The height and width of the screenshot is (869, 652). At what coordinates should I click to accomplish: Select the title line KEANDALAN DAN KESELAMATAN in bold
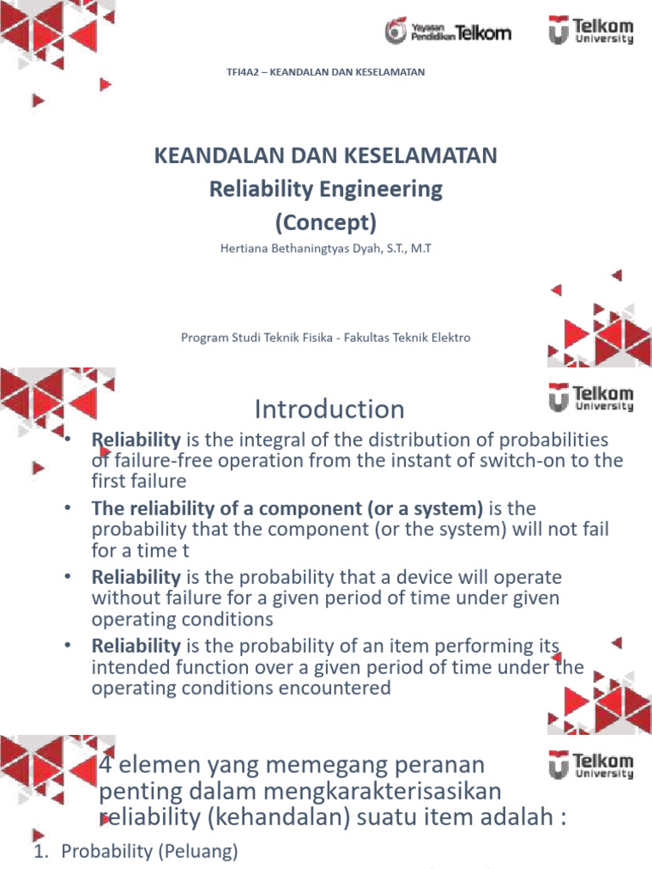(325, 155)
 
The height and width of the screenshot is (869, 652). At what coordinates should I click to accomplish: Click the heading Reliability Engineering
(326, 188)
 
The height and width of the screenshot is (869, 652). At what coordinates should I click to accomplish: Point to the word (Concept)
(325, 221)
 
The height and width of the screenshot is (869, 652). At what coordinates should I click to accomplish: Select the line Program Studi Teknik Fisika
(255, 337)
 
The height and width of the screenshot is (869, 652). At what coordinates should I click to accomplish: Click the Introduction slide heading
(329, 409)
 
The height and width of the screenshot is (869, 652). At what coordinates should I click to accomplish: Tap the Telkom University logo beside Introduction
(590, 397)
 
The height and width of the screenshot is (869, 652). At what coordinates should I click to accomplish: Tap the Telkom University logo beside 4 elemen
(590, 767)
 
